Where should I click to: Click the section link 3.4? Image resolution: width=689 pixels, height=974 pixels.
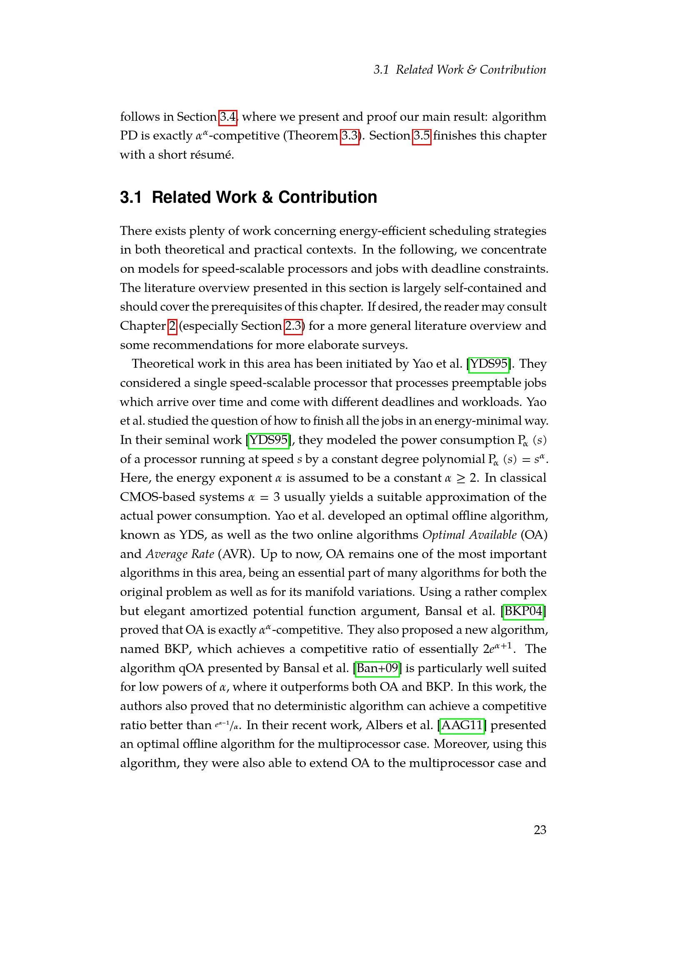(x=227, y=117)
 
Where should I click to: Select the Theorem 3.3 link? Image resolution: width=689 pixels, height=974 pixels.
(x=349, y=136)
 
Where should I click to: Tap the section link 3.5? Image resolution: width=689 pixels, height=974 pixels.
(x=422, y=136)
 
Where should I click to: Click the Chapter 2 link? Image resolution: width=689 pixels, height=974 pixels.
(x=172, y=326)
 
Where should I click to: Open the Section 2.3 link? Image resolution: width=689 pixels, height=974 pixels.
(x=293, y=326)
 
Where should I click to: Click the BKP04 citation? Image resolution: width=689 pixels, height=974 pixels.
(x=523, y=611)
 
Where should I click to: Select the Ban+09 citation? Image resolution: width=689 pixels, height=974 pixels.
(x=377, y=668)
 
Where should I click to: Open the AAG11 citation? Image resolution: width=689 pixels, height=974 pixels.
(x=462, y=725)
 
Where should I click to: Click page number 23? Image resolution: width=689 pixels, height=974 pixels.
(x=539, y=830)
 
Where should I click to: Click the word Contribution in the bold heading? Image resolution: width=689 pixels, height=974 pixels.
(x=327, y=197)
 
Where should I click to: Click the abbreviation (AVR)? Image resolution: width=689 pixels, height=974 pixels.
(x=236, y=554)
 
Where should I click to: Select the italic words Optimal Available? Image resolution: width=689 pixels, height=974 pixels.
(x=469, y=535)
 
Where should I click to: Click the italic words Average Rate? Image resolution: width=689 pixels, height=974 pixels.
(x=180, y=554)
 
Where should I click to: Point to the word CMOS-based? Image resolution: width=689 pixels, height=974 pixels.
(x=182, y=497)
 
